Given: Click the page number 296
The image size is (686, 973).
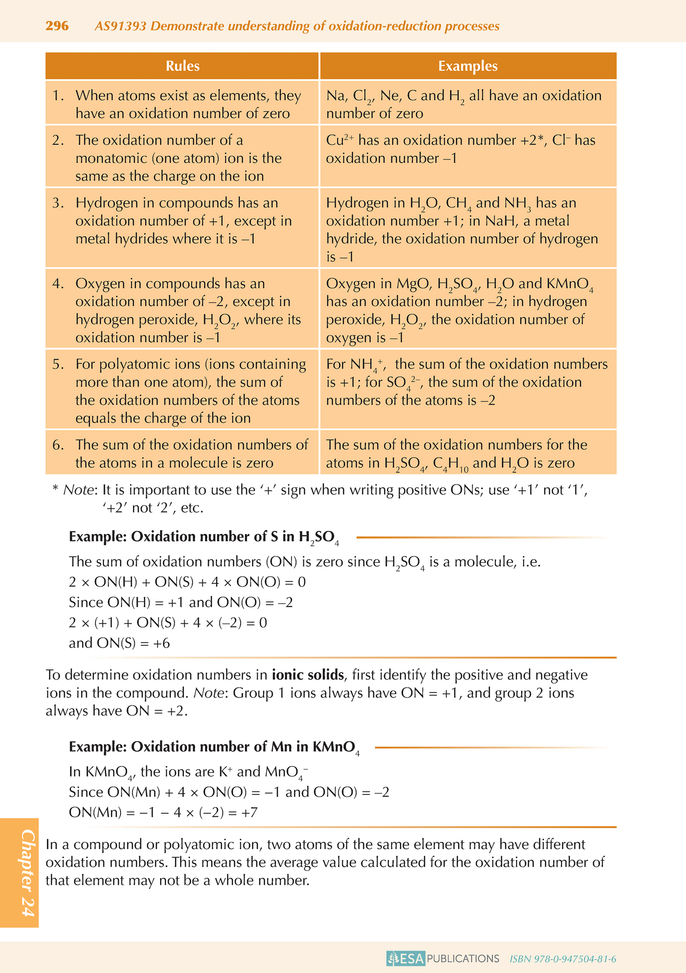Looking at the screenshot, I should (x=57, y=26).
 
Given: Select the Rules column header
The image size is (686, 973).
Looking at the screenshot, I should (x=182, y=66).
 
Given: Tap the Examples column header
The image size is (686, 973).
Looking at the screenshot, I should (x=468, y=66).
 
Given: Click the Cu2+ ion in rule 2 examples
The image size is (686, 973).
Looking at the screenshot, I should (x=340, y=140).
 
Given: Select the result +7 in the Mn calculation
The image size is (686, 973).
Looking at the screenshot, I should (x=249, y=813).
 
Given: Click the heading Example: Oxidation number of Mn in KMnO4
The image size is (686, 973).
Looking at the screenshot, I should (x=214, y=747).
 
